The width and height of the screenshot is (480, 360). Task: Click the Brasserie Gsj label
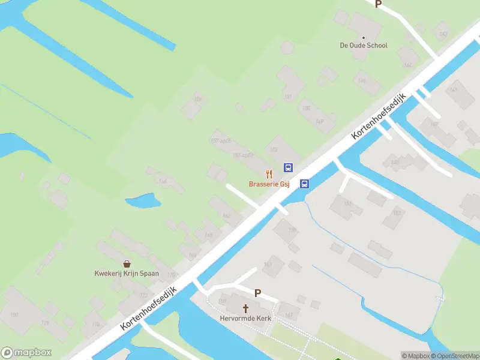pos(269,184)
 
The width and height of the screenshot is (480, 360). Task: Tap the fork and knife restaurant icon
pos(269,173)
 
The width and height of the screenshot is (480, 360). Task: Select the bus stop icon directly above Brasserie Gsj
pos(289,168)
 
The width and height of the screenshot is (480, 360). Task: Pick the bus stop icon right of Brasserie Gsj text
pos(305,184)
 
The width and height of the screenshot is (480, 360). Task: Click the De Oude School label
pos(364,46)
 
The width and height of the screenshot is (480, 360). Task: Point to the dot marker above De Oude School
pos(363,37)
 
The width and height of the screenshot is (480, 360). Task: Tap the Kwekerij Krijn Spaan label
pos(127,274)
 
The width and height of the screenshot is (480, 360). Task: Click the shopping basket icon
pos(127,263)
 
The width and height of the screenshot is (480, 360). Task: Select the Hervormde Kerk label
pos(245,318)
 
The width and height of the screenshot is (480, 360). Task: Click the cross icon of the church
pos(245,308)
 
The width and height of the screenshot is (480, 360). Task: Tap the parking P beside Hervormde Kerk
pos(258,293)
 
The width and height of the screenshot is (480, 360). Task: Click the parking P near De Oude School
pos(378,4)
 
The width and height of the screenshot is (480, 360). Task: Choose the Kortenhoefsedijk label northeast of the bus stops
pos(379,117)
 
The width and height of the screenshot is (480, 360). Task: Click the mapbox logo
pos(26,353)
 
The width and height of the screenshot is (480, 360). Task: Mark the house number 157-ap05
pos(221,141)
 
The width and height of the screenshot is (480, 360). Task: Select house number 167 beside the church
pos(289,315)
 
